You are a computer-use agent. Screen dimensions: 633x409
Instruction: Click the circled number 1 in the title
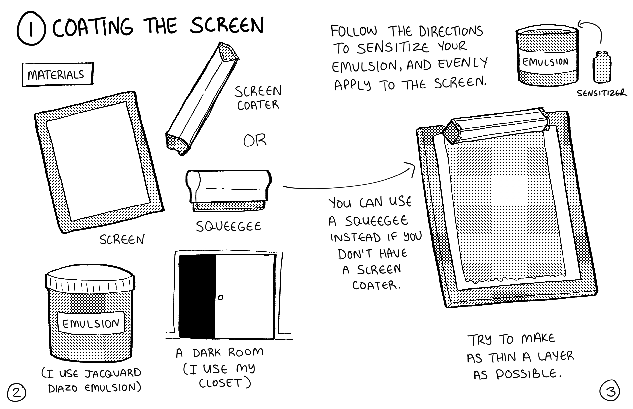pos(31,28)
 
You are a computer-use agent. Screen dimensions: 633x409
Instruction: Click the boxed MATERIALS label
pos(57,75)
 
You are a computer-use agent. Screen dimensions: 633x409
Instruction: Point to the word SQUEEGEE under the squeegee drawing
pos(228,227)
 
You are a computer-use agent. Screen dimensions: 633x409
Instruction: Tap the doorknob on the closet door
pos(220,297)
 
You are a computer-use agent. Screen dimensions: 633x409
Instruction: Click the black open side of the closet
pos(197,296)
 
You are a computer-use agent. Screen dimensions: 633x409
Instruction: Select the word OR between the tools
pos(254,140)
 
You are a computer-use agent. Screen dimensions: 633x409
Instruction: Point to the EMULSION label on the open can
pos(545,62)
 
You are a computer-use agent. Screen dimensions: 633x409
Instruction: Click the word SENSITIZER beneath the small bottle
pos(602,93)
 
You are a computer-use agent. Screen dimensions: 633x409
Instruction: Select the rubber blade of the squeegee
pos(229,206)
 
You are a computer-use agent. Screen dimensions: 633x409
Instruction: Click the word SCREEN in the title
pos(227,26)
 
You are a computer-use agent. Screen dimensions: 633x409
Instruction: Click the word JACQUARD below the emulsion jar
pos(113,373)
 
